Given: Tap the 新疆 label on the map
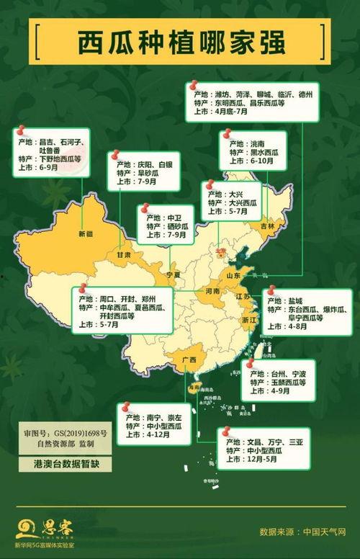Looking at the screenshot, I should pos(86,233).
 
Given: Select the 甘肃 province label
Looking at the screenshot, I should pos(125,254).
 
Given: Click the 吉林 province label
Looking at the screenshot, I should pos(267,225).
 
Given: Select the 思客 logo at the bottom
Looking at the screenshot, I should pos(43,531).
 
